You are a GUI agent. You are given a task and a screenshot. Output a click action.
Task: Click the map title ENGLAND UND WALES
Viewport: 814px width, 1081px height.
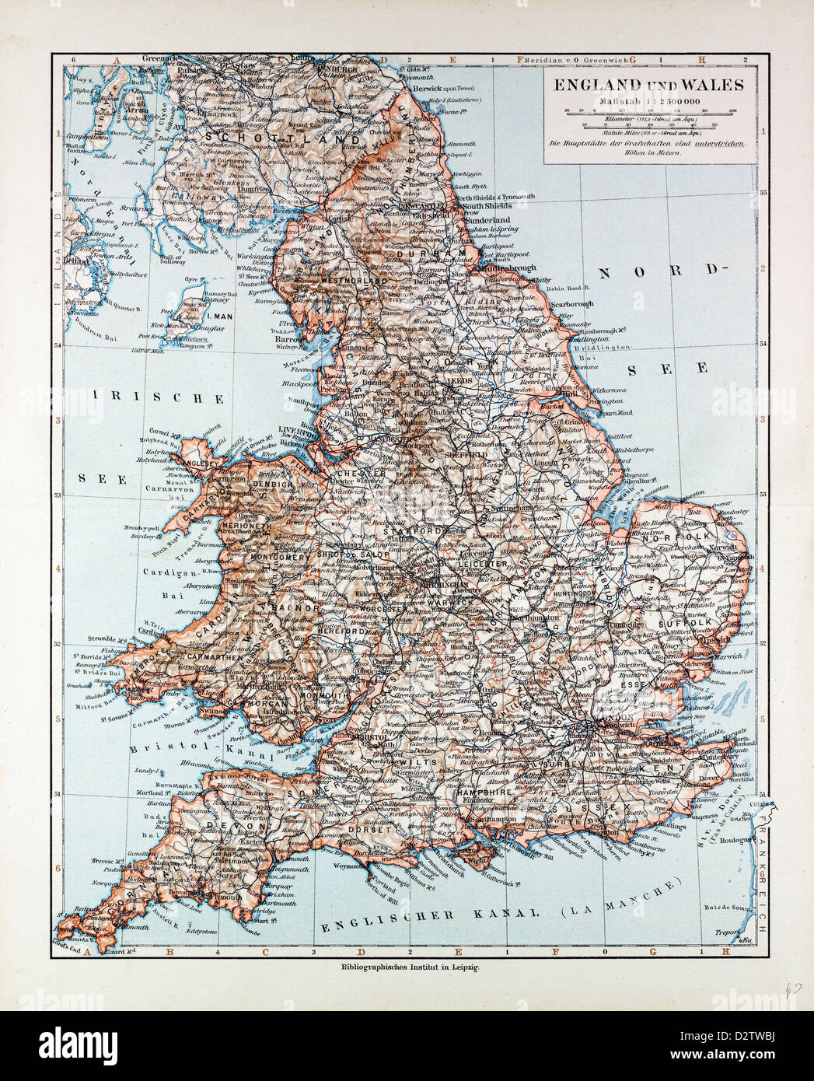[x=648, y=86]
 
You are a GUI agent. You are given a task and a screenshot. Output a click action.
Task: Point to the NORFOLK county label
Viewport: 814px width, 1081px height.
[x=685, y=537]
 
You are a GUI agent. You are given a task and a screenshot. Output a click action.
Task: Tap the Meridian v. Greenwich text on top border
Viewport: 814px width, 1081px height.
[x=574, y=59]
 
